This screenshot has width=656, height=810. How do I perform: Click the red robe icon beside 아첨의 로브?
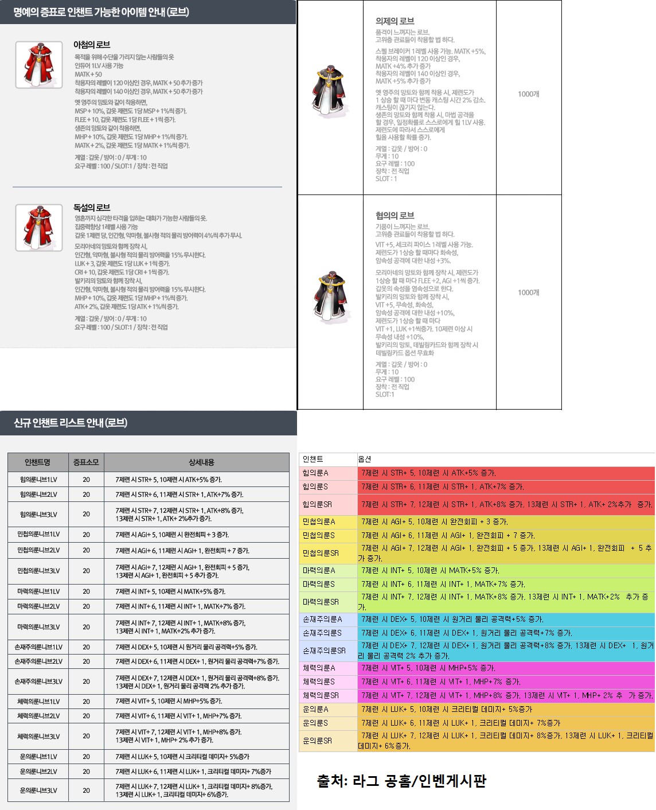click(39, 65)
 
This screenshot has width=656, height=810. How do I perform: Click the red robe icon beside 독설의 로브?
click(39, 228)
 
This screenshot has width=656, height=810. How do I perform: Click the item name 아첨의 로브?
click(92, 45)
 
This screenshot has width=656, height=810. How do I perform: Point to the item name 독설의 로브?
click(92, 208)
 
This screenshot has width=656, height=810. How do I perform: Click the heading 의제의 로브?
click(395, 21)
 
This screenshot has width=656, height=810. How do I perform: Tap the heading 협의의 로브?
click(395, 216)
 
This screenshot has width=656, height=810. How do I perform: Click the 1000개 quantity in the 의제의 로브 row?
click(528, 94)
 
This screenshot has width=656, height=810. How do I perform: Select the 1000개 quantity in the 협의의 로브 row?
click(528, 293)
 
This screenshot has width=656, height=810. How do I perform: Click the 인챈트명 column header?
click(38, 462)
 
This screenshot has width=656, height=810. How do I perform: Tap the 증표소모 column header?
click(86, 462)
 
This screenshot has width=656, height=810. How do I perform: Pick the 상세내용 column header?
click(201, 462)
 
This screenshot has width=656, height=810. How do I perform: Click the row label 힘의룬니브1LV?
click(38, 480)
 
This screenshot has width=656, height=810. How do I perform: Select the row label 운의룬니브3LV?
click(38, 790)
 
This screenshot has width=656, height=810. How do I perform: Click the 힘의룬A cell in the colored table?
click(315, 473)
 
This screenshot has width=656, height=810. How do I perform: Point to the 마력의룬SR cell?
click(321, 602)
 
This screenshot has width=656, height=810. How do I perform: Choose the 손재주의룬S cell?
click(322, 633)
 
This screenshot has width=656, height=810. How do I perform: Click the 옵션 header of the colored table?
click(365, 459)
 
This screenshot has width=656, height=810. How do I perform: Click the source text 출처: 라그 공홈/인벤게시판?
click(401, 781)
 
